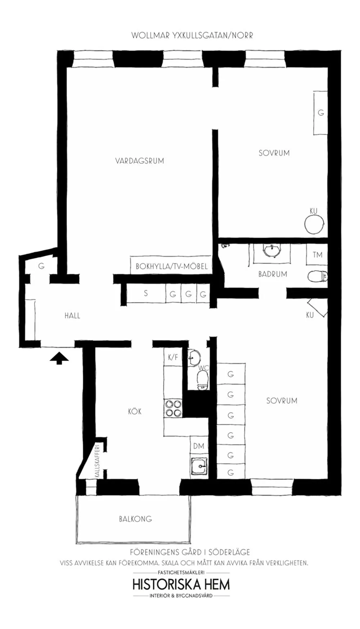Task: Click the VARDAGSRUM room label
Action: pyautogui.click(x=139, y=160)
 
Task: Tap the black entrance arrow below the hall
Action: pyautogui.click(x=59, y=358)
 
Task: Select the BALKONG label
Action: pyautogui.click(x=135, y=519)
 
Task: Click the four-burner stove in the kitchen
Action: pyautogui.click(x=173, y=408)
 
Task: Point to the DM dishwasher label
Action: pyautogui.click(x=199, y=446)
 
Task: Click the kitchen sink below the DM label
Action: pyautogui.click(x=199, y=467)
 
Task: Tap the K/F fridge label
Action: pyautogui.click(x=173, y=357)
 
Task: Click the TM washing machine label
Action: pyautogui.click(x=317, y=255)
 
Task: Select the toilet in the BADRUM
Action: pyautogui.click(x=317, y=276)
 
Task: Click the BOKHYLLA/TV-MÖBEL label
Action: pyautogui.click(x=171, y=266)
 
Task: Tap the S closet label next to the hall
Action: pyautogui.click(x=146, y=293)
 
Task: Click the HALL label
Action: pyautogui.click(x=72, y=316)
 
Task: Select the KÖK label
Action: pyautogui.click(x=135, y=411)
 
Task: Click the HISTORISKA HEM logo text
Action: pyautogui.click(x=181, y=584)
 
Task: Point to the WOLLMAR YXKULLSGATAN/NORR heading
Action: pyautogui.click(x=192, y=35)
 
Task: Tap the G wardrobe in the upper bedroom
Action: pyautogui.click(x=320, y=113)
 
